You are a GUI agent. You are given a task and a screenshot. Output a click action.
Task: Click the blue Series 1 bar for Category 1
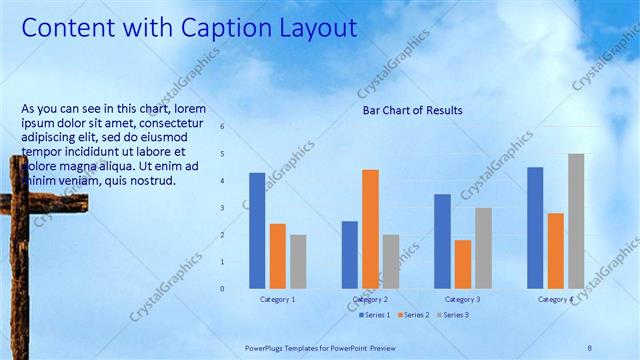click(257, 231)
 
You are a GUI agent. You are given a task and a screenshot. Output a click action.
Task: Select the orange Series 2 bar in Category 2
click(370, 229)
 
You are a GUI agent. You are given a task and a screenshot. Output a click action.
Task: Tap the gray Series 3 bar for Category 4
click(576, 221)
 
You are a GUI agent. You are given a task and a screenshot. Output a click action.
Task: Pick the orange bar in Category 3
click(463, 264)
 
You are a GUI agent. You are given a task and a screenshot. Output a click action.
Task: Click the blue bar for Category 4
click(535, 228)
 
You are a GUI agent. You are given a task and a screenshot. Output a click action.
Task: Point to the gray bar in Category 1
click(298, 262)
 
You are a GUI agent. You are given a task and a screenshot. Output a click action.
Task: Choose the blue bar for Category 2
click(349, 255)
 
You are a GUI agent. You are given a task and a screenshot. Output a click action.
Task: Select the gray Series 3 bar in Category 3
click(483, 248)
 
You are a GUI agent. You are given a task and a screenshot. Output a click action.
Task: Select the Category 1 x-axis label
click(277, 299)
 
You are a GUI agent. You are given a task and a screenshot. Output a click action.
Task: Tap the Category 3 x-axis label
click(462, 299)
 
